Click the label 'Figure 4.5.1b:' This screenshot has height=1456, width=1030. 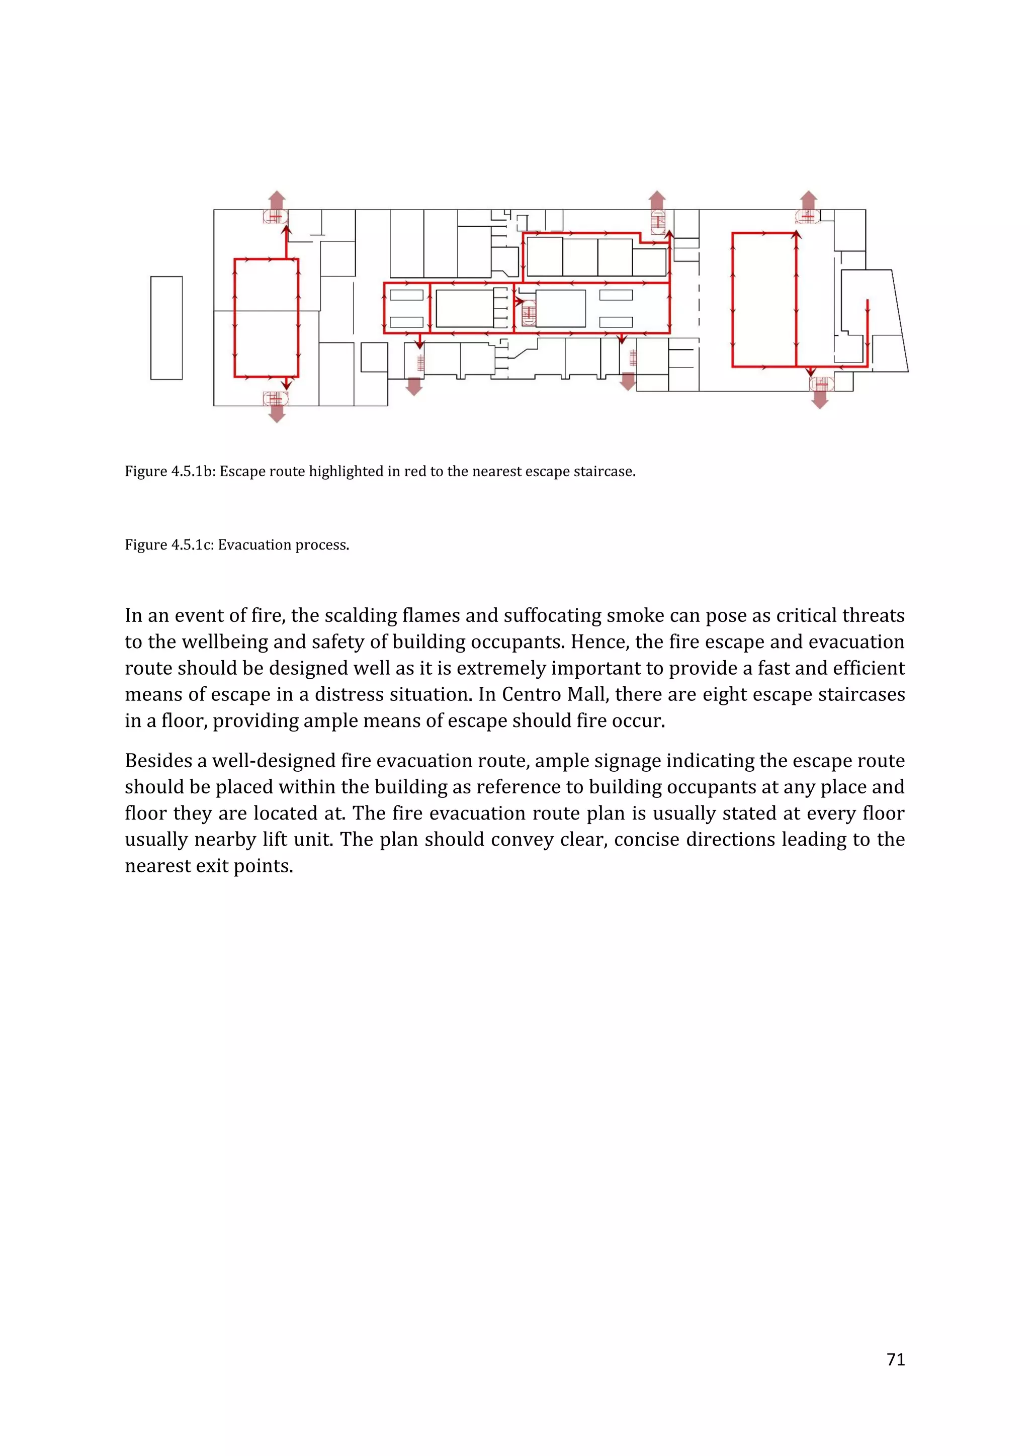click(x=170, y=471)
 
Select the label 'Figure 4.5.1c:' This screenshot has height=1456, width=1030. click(x=170, y=544)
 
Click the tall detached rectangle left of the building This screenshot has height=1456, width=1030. click(x=166, y=328)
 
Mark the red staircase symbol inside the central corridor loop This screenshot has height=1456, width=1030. click(x=528, y=313)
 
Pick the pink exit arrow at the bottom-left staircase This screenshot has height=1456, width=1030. click(x=277, y=413)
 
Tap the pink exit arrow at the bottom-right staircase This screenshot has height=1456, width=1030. click(x=820, y=400)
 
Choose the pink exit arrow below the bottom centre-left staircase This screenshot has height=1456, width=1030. click(x=414, y=386)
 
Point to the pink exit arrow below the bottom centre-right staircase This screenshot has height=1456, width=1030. click(x=628, y=381)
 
